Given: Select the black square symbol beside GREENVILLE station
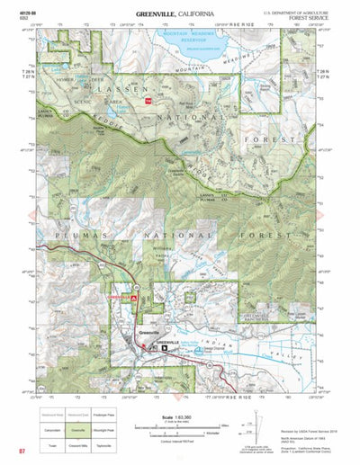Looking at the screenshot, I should coord(164,348).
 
